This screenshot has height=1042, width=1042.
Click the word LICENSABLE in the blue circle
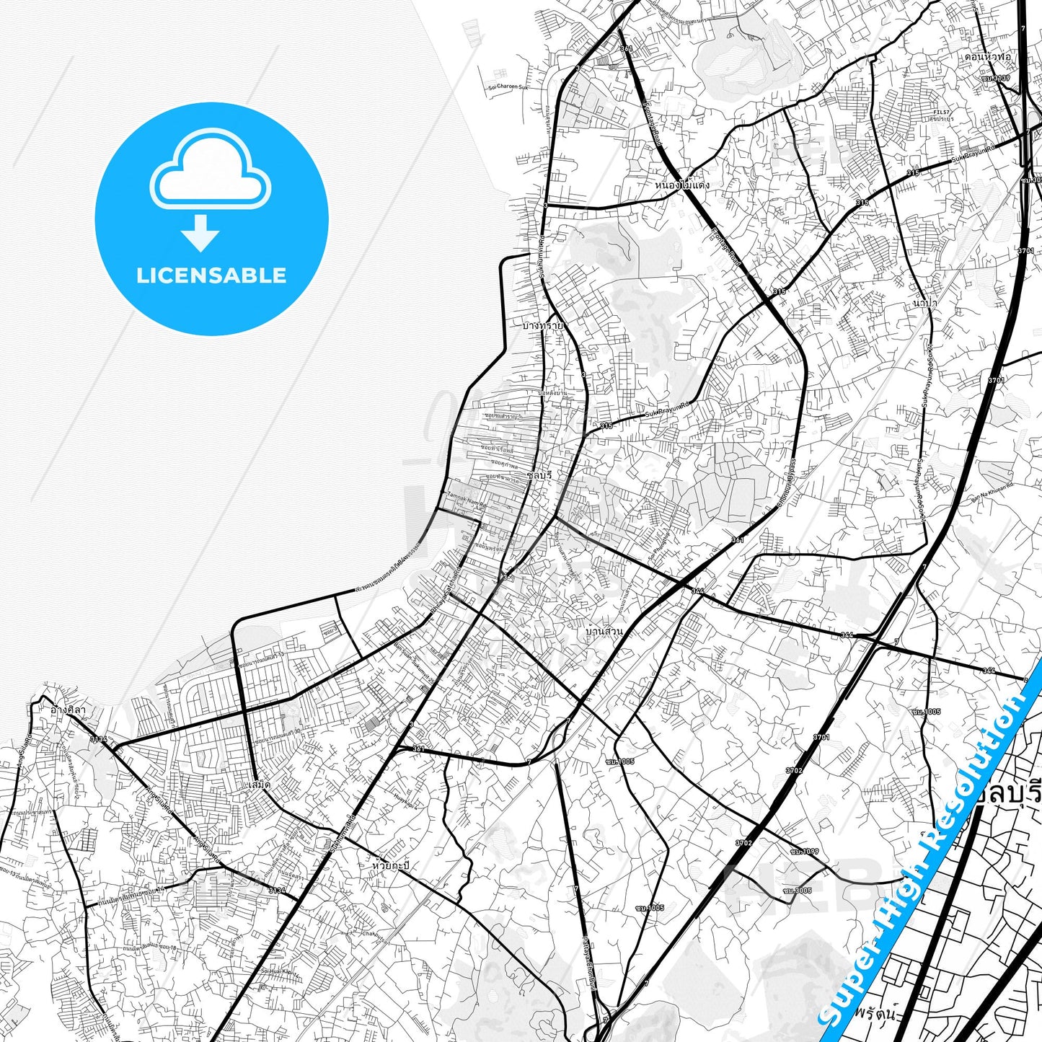[x=211, y=275]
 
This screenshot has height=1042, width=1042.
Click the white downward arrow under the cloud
[x=200, y=233]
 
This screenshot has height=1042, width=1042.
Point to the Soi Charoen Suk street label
[x=508, y=87]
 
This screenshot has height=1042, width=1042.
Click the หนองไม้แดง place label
[x=682, y=185]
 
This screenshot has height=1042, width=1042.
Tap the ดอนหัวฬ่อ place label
[x=988, y=56]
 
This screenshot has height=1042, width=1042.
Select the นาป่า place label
[x=924, y=304]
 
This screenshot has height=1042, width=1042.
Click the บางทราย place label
[x=543, y=326]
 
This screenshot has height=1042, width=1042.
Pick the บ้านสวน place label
[x=604, y=632]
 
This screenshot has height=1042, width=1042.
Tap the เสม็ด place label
[x=257, y=784]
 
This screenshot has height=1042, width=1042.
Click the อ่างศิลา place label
[x=68, y=710]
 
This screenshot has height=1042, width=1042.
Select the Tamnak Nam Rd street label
[x=467, y=499]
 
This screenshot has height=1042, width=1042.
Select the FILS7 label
[x=942, y=112]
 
